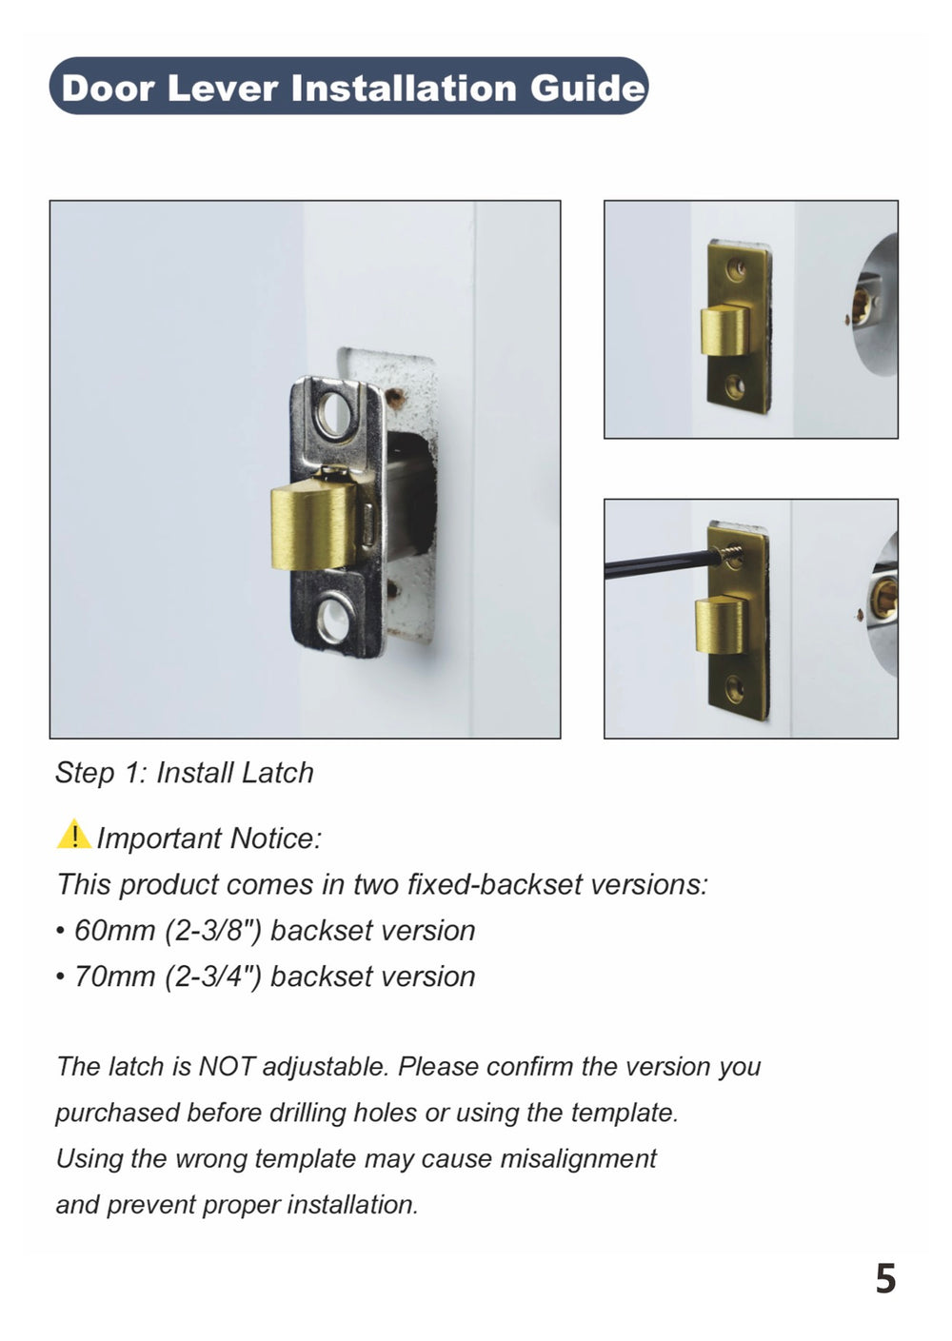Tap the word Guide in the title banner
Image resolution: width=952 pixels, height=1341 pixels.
click(587, 88)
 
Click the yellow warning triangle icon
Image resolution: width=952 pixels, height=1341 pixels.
click(73, 835)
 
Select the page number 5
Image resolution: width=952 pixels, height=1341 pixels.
click(885, 1278)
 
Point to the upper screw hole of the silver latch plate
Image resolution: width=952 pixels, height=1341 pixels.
click(333, 412)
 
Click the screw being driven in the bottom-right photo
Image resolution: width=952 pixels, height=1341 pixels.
click(733, 552)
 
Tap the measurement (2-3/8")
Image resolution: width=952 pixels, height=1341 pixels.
click(213, 930)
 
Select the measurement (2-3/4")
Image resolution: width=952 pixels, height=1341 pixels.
click(213, 976)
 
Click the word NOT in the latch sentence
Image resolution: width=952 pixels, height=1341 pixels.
click(226, 1066)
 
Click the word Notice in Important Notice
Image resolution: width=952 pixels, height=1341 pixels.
click(275, 838)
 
